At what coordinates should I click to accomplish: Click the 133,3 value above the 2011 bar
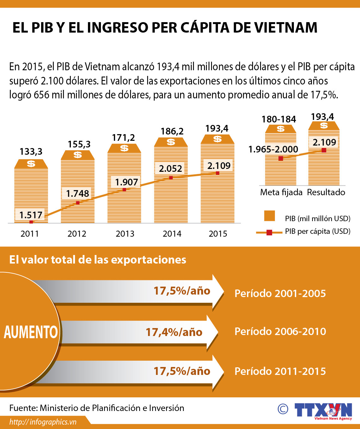coord(31,152)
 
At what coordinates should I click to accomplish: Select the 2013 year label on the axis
coord(125,234)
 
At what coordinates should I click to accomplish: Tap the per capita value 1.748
coord(78,193)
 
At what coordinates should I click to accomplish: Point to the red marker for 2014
coord(171,178)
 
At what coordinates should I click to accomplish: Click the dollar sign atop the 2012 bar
coord(78,155)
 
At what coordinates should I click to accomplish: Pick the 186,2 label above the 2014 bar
coord(172,131)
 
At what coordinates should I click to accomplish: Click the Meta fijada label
coord(281,192)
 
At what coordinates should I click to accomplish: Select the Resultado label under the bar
coord(326,192)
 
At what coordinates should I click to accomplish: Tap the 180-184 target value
coord(279,119)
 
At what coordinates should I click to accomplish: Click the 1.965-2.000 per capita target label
coord(273,149)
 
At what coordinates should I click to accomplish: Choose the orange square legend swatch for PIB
coord(270,216)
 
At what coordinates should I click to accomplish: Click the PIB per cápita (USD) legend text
coord(318,231)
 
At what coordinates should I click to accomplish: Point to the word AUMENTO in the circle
coord(31,332)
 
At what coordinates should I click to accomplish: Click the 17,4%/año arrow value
coord(174,332)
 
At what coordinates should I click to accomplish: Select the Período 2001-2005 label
coord(280,293)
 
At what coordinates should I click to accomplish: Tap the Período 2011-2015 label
coord(280,371)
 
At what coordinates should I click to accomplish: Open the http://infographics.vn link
coord(43,422)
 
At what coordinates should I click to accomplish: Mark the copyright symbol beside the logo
coord(283,409)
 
